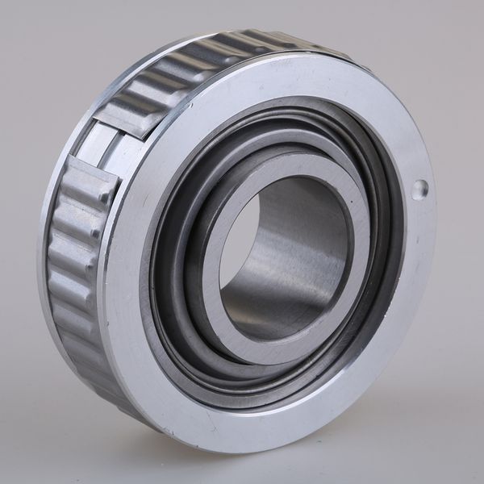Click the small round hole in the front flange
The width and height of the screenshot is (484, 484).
[x=419, y=190]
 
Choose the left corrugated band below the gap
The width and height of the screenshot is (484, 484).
[x=73, y=266]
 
